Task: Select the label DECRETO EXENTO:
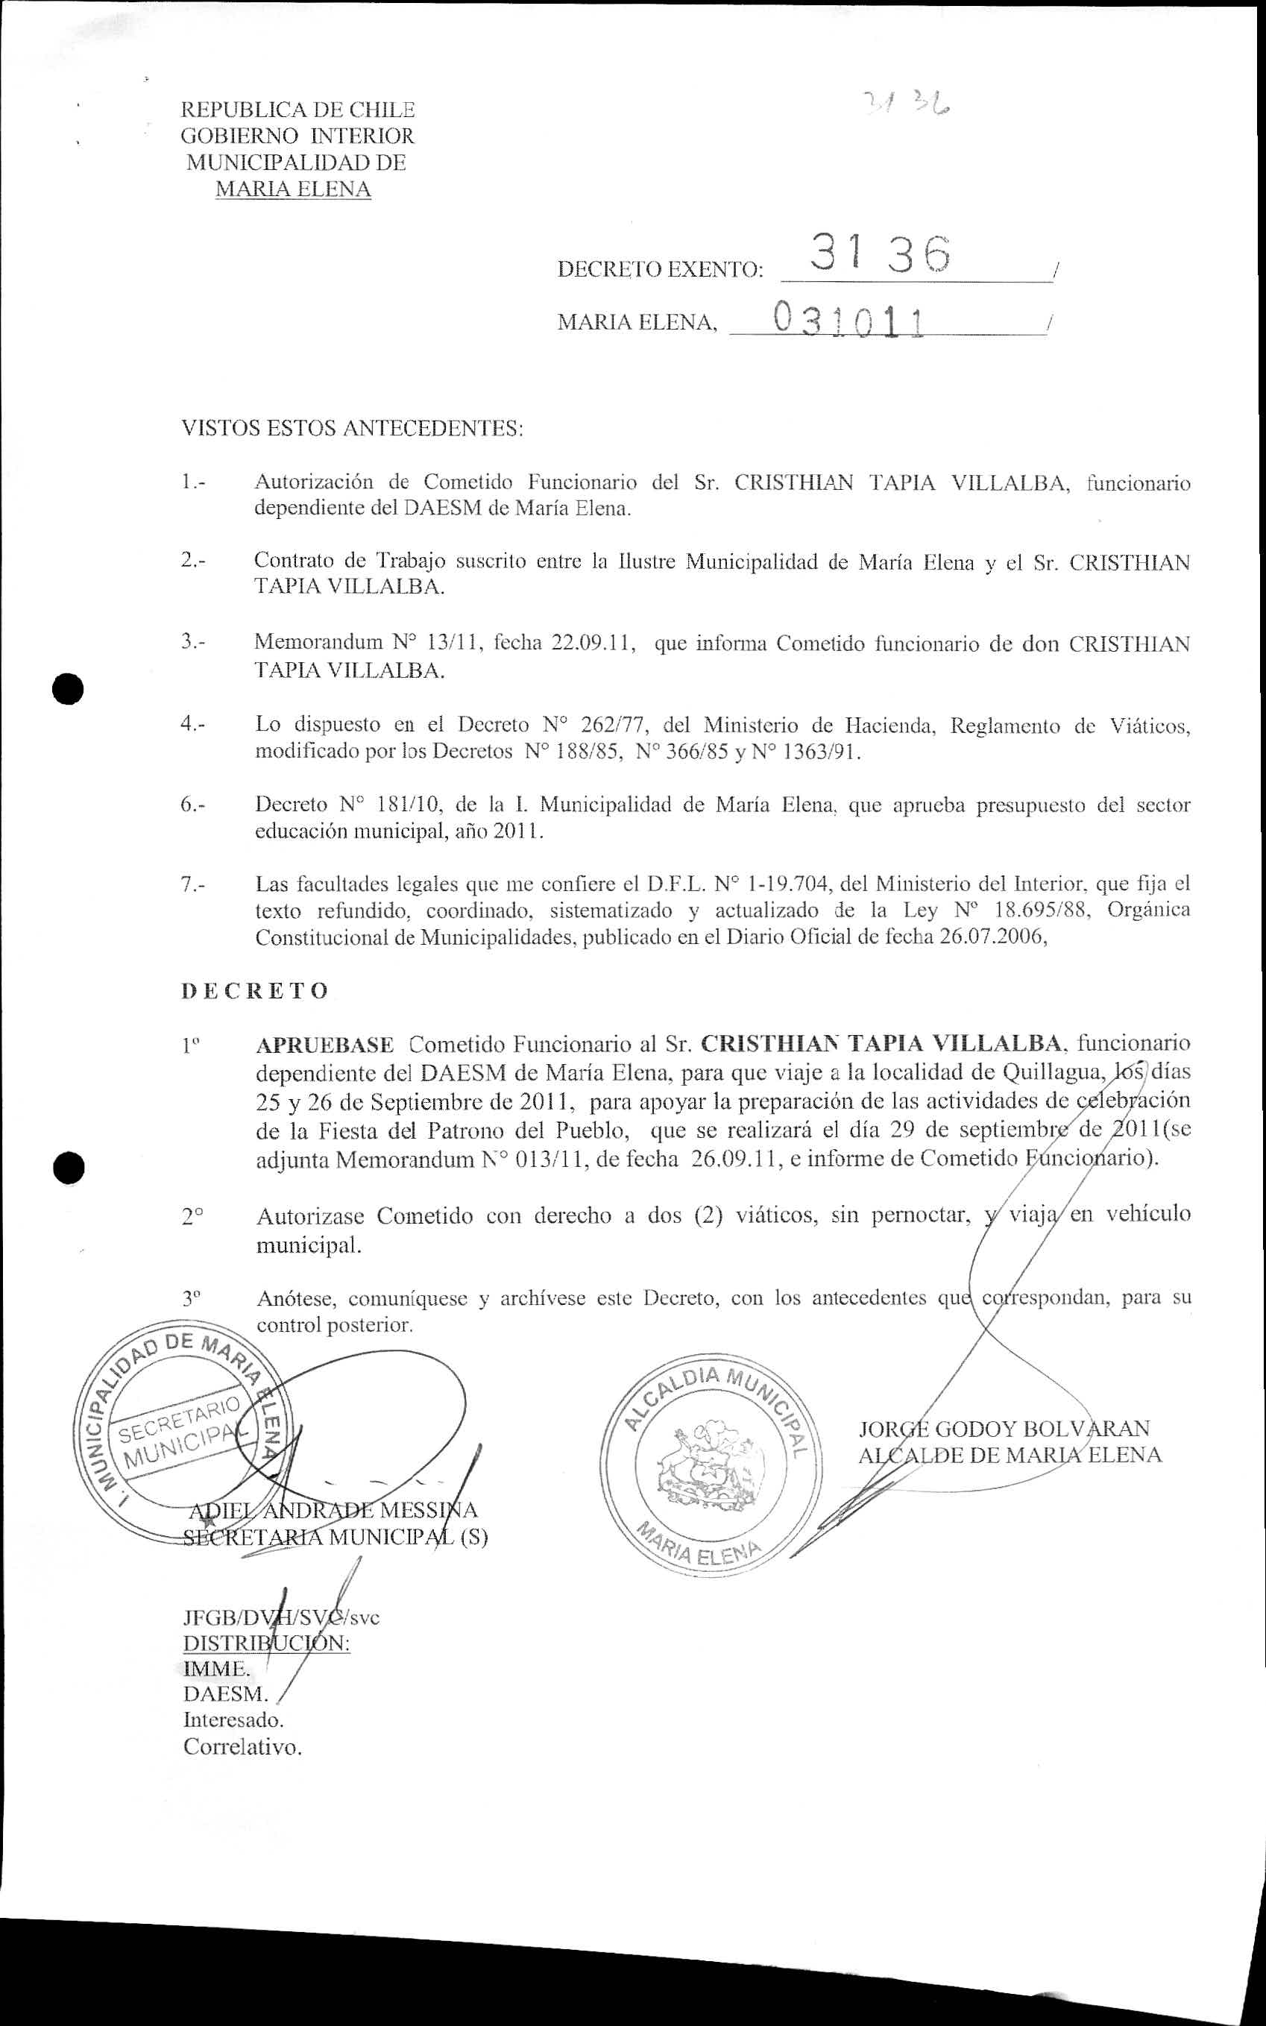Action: coord(660,270)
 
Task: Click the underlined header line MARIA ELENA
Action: coord(293,189)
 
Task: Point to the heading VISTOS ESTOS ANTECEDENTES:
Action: coord(352,429)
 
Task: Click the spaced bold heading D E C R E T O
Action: coord(254,990)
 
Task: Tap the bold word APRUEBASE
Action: coord(325,1045)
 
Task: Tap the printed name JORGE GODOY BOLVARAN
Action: coord(1004,1428)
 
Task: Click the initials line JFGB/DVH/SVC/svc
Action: coord(280,1617)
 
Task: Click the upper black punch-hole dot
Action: coord(67,688)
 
